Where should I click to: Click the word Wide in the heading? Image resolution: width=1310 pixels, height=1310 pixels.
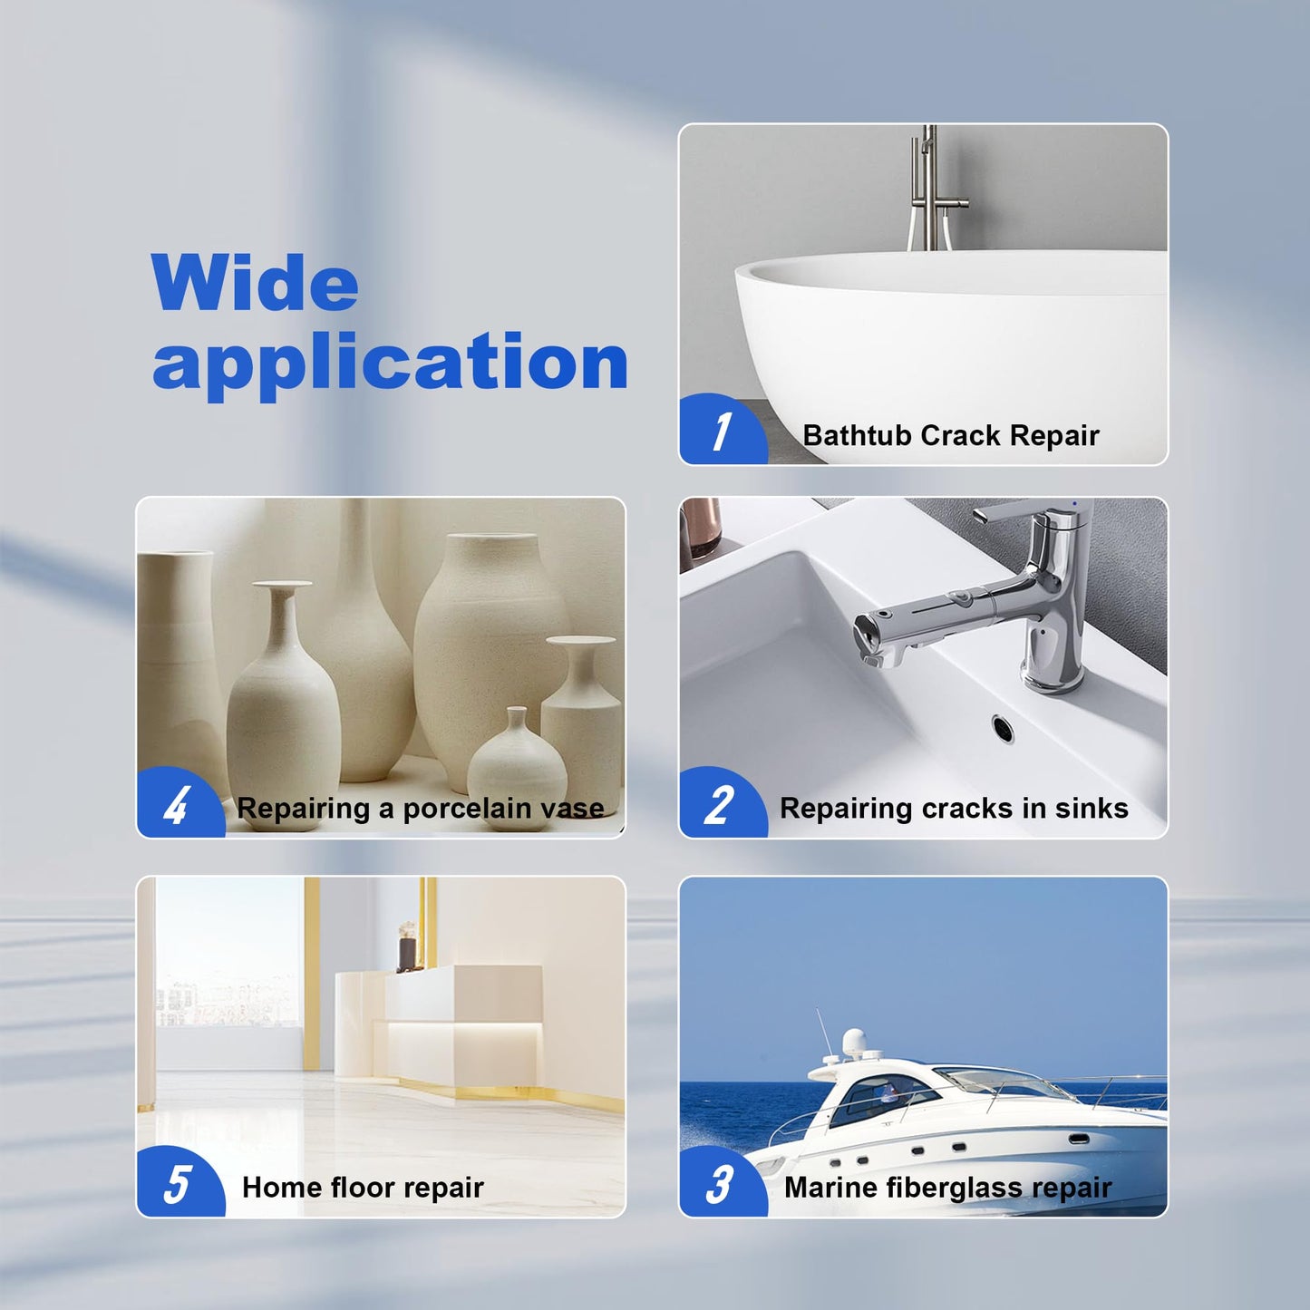point(255,284)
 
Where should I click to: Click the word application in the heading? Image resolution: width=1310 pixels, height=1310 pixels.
point(390,363)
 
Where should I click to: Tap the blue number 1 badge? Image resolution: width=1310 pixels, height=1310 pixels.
point(722,432)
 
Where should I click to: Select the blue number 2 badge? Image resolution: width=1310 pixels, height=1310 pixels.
point(720,805)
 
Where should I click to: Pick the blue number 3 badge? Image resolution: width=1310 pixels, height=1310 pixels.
point(720,1184)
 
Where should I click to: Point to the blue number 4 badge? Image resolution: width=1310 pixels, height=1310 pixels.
point(177,805)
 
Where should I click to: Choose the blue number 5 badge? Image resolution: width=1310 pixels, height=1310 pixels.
point(177,1184)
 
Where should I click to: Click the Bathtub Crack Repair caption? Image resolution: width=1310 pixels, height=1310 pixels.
point(950,436)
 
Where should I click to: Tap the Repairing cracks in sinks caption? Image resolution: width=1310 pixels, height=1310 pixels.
point(954,809)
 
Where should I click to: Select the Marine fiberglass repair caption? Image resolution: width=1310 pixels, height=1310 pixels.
point(947,1188)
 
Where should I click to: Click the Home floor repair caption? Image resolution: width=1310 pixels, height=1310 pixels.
point(363,1188)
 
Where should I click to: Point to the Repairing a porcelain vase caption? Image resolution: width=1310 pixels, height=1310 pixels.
point(421,809)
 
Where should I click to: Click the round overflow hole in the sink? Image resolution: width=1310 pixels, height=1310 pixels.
point(1003,726)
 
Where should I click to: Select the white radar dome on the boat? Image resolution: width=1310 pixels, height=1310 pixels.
point(855,1042)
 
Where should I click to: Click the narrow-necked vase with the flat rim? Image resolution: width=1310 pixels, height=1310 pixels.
point(283,689)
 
